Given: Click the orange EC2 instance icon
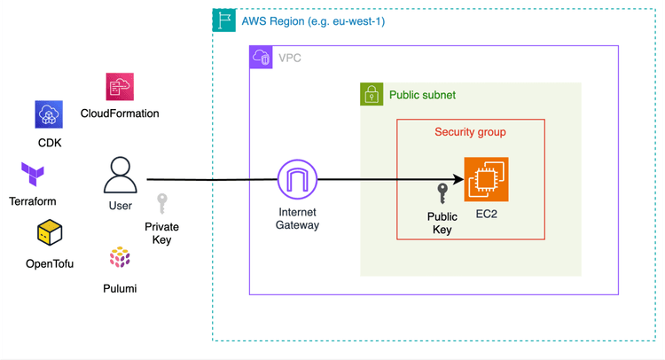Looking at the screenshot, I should click(487, 180).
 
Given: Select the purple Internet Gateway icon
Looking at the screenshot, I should click(297, 180).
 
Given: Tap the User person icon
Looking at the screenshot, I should click(121, 176).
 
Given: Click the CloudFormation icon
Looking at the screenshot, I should click(120, 87).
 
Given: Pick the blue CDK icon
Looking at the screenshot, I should click(49, 114).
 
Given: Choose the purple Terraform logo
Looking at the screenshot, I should click(33, 174).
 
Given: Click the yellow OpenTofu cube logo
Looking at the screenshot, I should click(50, 234).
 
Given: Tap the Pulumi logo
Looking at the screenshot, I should click(120, 258).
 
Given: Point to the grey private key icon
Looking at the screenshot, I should click(162, 204).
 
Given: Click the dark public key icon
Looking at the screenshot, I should click(442, 194).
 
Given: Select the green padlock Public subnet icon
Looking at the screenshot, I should click(372, 94).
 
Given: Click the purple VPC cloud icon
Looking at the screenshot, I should click(262, 58).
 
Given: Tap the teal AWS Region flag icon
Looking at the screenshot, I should click(224, 20).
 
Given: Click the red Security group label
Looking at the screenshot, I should click(470, 132).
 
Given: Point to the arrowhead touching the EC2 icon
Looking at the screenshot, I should click(459, 180).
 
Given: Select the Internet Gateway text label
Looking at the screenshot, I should click(297, 219).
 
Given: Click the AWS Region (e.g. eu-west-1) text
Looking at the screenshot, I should click(313, 20).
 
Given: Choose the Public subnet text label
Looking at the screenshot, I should click(422, 95).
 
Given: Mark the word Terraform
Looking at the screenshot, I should click(33, 201).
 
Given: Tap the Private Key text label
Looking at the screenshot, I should click(162, 233).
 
